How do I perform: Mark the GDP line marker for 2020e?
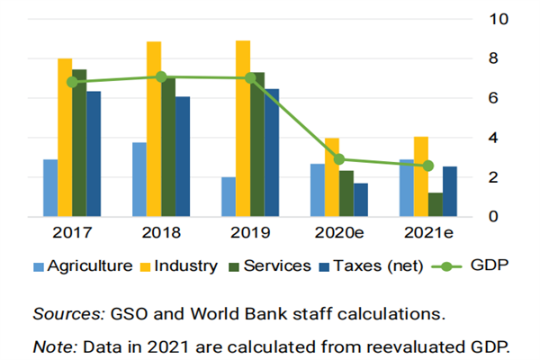pos(339,159)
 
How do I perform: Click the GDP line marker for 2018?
pos(161,77)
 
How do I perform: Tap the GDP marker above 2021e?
pos(428,166)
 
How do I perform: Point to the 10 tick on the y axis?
pos(498,18)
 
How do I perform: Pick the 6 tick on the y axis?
pos(493,97)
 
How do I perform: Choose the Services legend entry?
pos(273,266)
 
